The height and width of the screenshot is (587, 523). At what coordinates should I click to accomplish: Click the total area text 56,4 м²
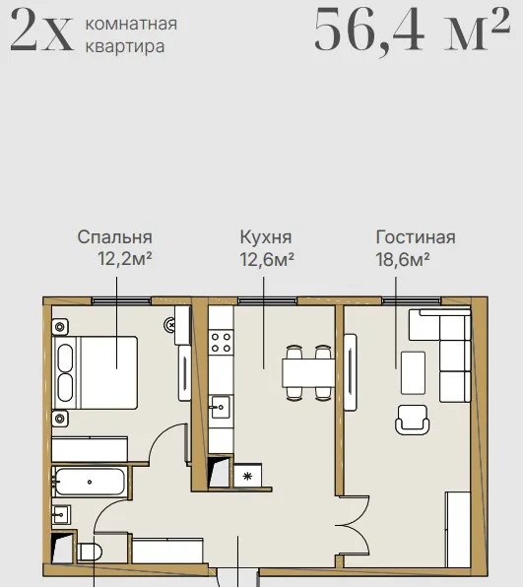click(x=412, y=30)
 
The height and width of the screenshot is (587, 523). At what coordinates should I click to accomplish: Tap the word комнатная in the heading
click(x=131, y=24)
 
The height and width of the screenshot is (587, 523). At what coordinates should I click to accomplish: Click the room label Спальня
click(x=115, y=237)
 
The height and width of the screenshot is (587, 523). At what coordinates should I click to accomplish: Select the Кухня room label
click(x=266, y=237)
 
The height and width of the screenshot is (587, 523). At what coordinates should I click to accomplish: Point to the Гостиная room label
click(x=416, y=237)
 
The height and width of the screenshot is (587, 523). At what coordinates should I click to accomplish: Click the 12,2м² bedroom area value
click(x=125, y=259)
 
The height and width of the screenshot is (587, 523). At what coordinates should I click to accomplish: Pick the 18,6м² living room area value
click(x=403, y=259)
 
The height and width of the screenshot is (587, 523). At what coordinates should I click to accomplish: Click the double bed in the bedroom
click(x=96, y=372)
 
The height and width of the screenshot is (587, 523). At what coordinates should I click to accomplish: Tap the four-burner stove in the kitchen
click(x=221, y=343)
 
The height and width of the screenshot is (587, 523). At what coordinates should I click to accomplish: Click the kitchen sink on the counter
click(x=220, y=407)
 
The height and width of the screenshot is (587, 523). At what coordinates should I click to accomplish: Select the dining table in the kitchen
click(x=308, y=373)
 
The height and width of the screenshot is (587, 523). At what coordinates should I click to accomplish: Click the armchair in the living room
click(x=412, y=420)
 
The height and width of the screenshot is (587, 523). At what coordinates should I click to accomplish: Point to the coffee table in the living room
click(x=413, y=373)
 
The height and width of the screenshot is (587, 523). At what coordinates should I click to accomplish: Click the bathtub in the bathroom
click(x=90, y=482)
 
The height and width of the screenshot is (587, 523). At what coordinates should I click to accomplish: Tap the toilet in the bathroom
click(x=90, y=553)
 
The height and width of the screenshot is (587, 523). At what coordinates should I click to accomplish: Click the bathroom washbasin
click(x=61, y=515)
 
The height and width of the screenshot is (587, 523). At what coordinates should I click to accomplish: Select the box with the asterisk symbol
click(x=247, y=476)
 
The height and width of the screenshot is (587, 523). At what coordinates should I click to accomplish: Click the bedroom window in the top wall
click(x=121, y=300)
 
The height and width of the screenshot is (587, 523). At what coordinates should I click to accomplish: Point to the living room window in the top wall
click(x=412, y=300)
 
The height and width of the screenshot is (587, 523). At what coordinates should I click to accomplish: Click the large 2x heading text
click(x=41, y=30)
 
